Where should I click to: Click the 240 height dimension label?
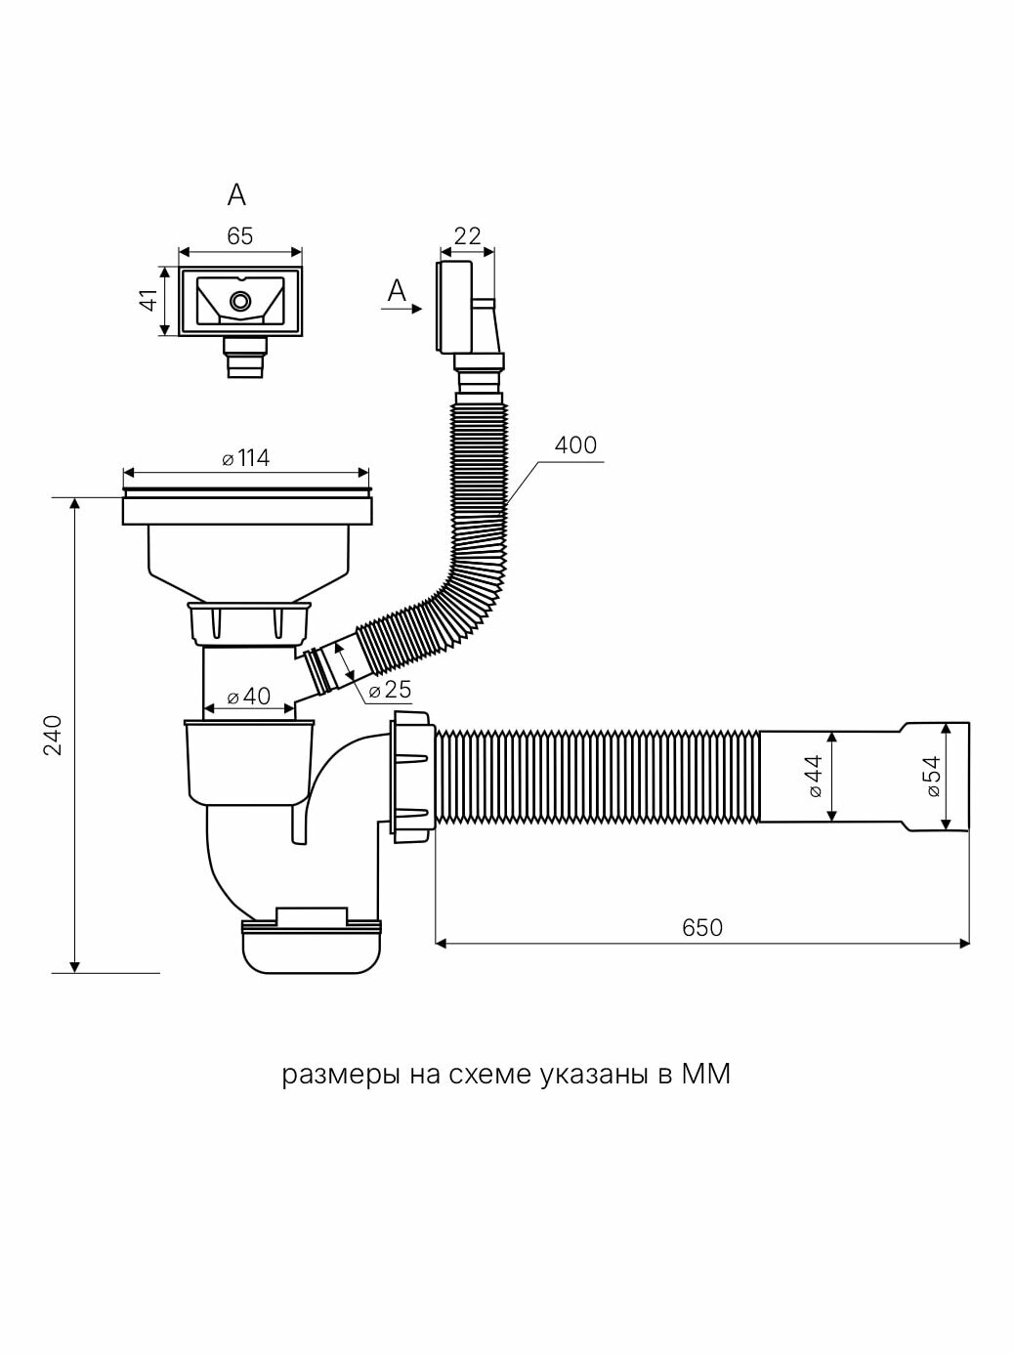click(53, 735)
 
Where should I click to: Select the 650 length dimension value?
click(701, 927)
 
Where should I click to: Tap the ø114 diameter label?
click(246, 458)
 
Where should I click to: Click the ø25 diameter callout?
click(390, 690)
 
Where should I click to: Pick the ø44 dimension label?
click(817, 776)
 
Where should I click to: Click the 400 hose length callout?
click(574, 445)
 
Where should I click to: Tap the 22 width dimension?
click(468, 235)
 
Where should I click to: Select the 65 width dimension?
click(240, 235)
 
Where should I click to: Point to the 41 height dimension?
click(149, 300)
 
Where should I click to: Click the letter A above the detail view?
click(236, 195)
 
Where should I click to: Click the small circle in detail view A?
click(239, 300)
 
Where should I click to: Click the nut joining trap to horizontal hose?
click(410, 778)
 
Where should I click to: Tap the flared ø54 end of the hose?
click(936, 778)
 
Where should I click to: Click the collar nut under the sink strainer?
click(248, 622)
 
